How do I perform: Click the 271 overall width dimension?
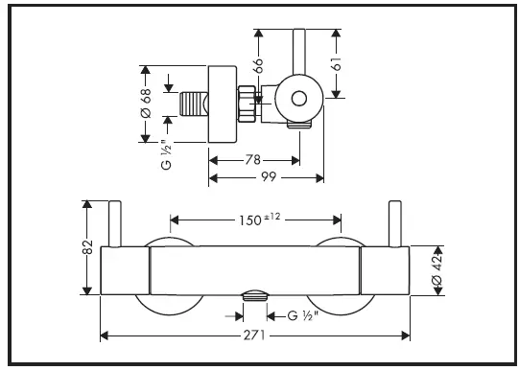254,335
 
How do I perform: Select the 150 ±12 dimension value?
260,220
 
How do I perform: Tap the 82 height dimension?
87,246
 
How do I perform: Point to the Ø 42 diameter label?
437,271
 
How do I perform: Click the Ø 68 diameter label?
146,104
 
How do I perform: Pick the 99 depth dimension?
269,177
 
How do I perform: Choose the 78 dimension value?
253,160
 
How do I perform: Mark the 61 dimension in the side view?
336,64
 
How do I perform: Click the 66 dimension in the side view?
258,65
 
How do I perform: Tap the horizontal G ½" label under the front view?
303,315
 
